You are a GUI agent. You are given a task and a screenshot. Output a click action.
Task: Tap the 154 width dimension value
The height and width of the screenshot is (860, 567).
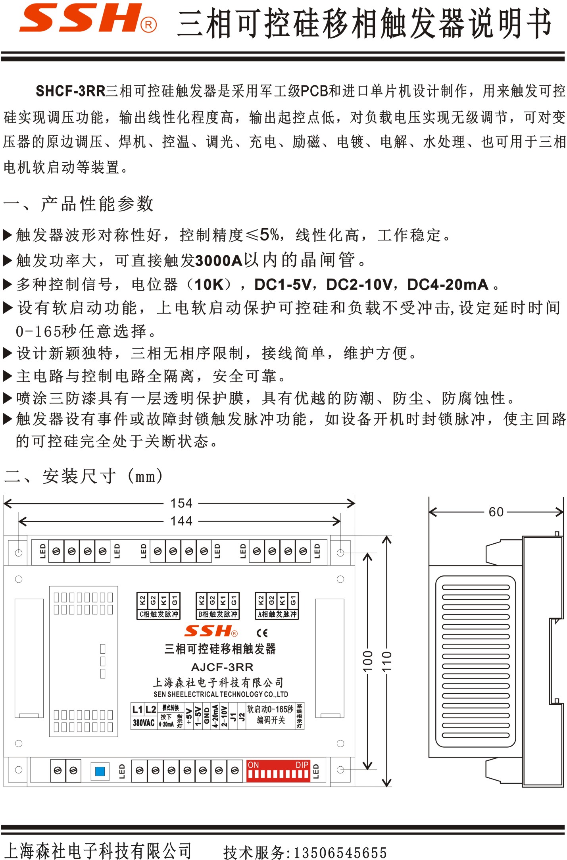(x=181, y=503)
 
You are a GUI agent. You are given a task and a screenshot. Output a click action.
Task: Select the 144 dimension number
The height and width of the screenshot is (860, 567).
(x=181, y=521)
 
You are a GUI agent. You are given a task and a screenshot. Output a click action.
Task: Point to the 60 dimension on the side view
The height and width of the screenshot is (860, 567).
(x=496, y=512)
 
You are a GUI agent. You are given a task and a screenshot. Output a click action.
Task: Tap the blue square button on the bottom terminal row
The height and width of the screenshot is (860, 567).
(x=100, y=771)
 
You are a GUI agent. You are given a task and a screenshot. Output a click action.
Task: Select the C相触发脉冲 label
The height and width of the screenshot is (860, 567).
(x=159, y=614)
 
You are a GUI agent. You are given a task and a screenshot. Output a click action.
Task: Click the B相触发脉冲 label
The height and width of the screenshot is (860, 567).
(x=218, y=614)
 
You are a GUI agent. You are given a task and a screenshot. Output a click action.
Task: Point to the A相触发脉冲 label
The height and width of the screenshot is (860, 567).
(x=277, y=614)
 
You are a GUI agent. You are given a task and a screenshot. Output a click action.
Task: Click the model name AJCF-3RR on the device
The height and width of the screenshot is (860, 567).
(x=222, y=667)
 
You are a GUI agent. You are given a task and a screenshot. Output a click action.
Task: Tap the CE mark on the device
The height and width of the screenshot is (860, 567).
(x=262, y=633)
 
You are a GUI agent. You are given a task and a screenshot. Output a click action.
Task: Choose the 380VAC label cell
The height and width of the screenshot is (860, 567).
(x=144, y=723)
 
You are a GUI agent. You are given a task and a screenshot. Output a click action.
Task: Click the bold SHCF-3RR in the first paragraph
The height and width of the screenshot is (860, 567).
(x=71, y=91)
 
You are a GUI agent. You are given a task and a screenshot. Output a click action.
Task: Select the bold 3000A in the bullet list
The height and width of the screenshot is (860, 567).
(x=219, y=261)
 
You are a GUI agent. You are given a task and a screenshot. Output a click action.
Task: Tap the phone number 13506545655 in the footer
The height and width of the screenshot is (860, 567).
(x=340, y=852)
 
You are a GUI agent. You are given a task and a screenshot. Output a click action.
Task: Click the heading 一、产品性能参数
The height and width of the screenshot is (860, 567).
(x=78, y=204)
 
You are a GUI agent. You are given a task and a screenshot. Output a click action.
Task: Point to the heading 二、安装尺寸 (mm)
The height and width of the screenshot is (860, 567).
(x=83, y=476)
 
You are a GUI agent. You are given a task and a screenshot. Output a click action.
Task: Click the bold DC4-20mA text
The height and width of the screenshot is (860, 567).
(x=448, y=285)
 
